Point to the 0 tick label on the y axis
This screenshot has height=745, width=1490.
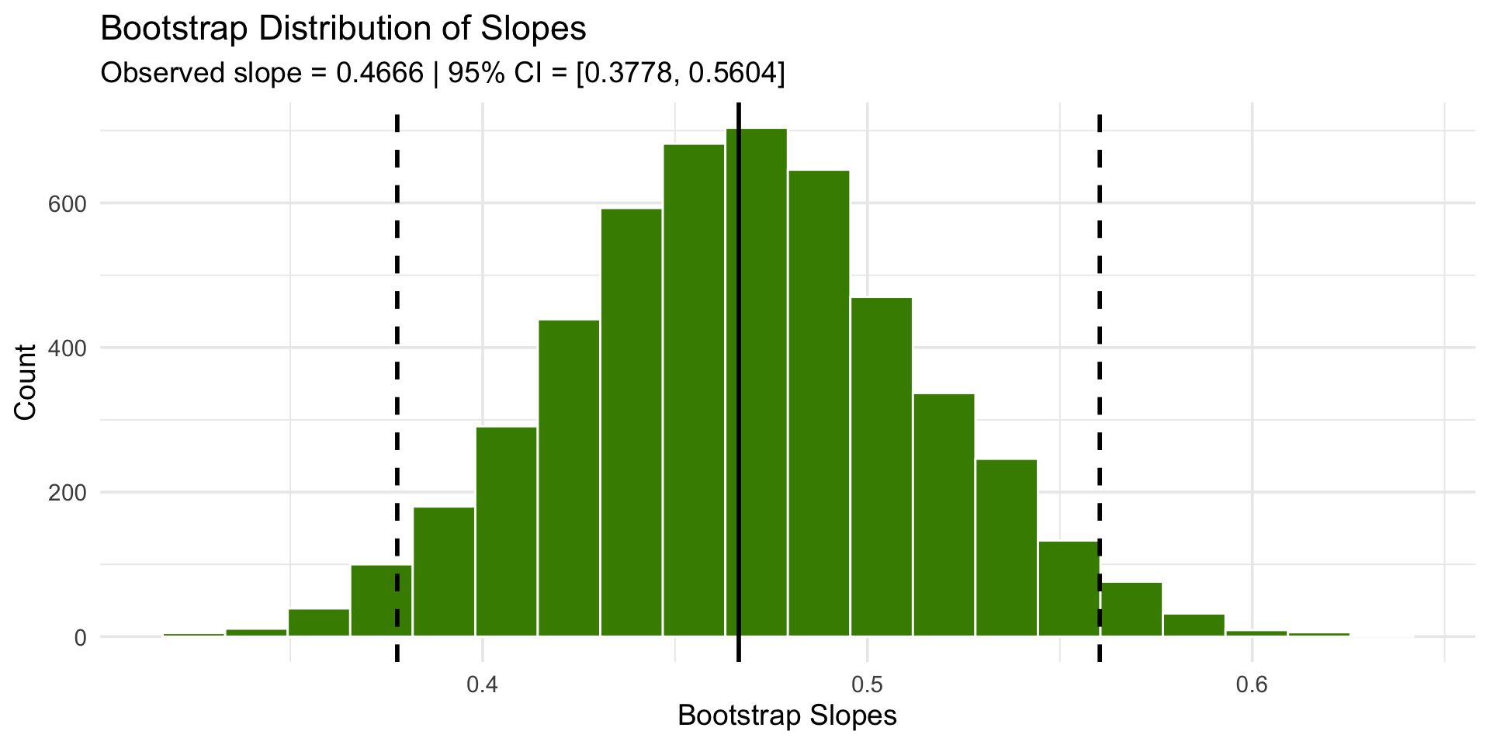click(80, 637)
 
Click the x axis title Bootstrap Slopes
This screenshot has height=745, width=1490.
click(787, 716)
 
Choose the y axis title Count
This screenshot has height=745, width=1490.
click(26, 382)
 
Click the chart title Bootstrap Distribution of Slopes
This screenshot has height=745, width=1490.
click(343, 29)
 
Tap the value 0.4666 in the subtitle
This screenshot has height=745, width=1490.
click(379, 73)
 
